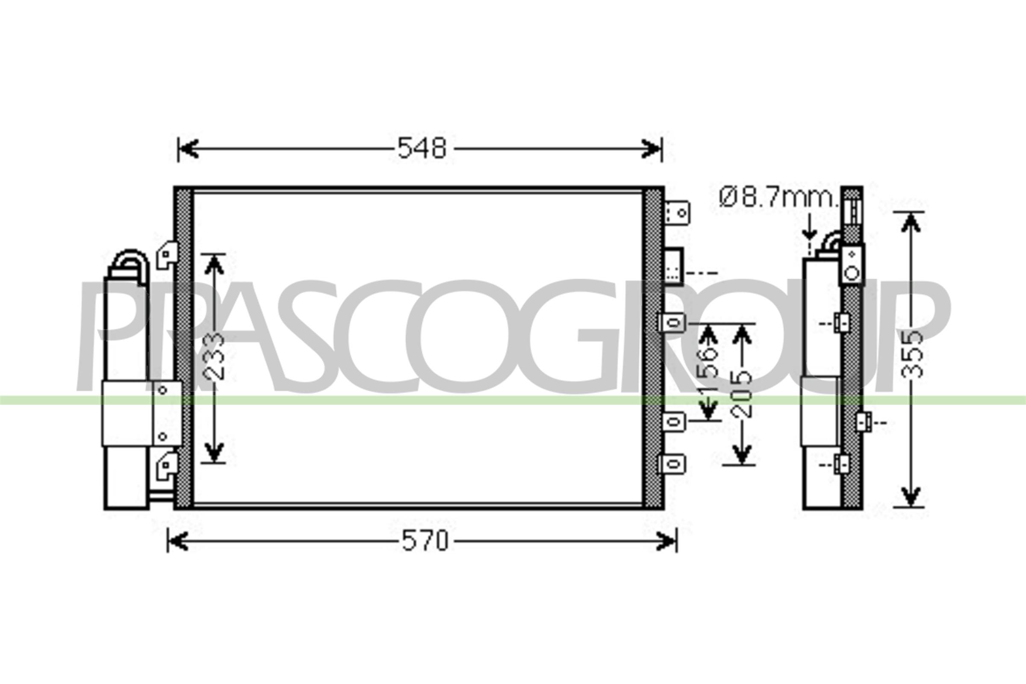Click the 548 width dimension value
(x=422, y=148)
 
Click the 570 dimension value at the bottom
(x=425, y=541)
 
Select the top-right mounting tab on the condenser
(x=677, y=212)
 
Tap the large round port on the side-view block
(x=852, y=274)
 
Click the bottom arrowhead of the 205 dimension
(x=742, y=454)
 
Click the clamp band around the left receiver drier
(x=127, y=413)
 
